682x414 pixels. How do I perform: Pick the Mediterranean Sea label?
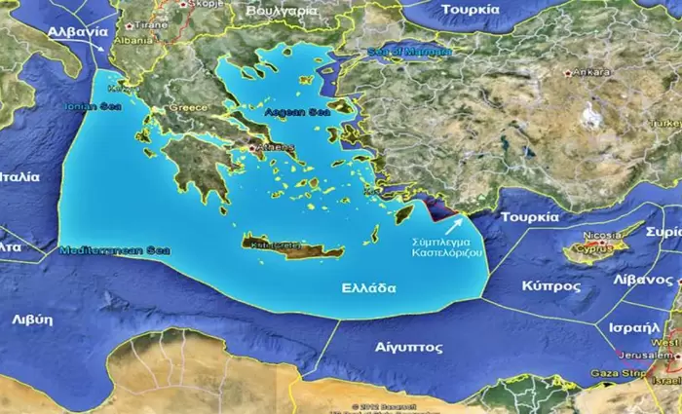(113, 250)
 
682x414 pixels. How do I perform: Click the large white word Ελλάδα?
(368, 288)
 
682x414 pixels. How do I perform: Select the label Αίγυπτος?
(408, 347)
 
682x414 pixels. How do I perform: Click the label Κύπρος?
(551, 286)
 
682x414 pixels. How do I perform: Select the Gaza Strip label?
(618, 373)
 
